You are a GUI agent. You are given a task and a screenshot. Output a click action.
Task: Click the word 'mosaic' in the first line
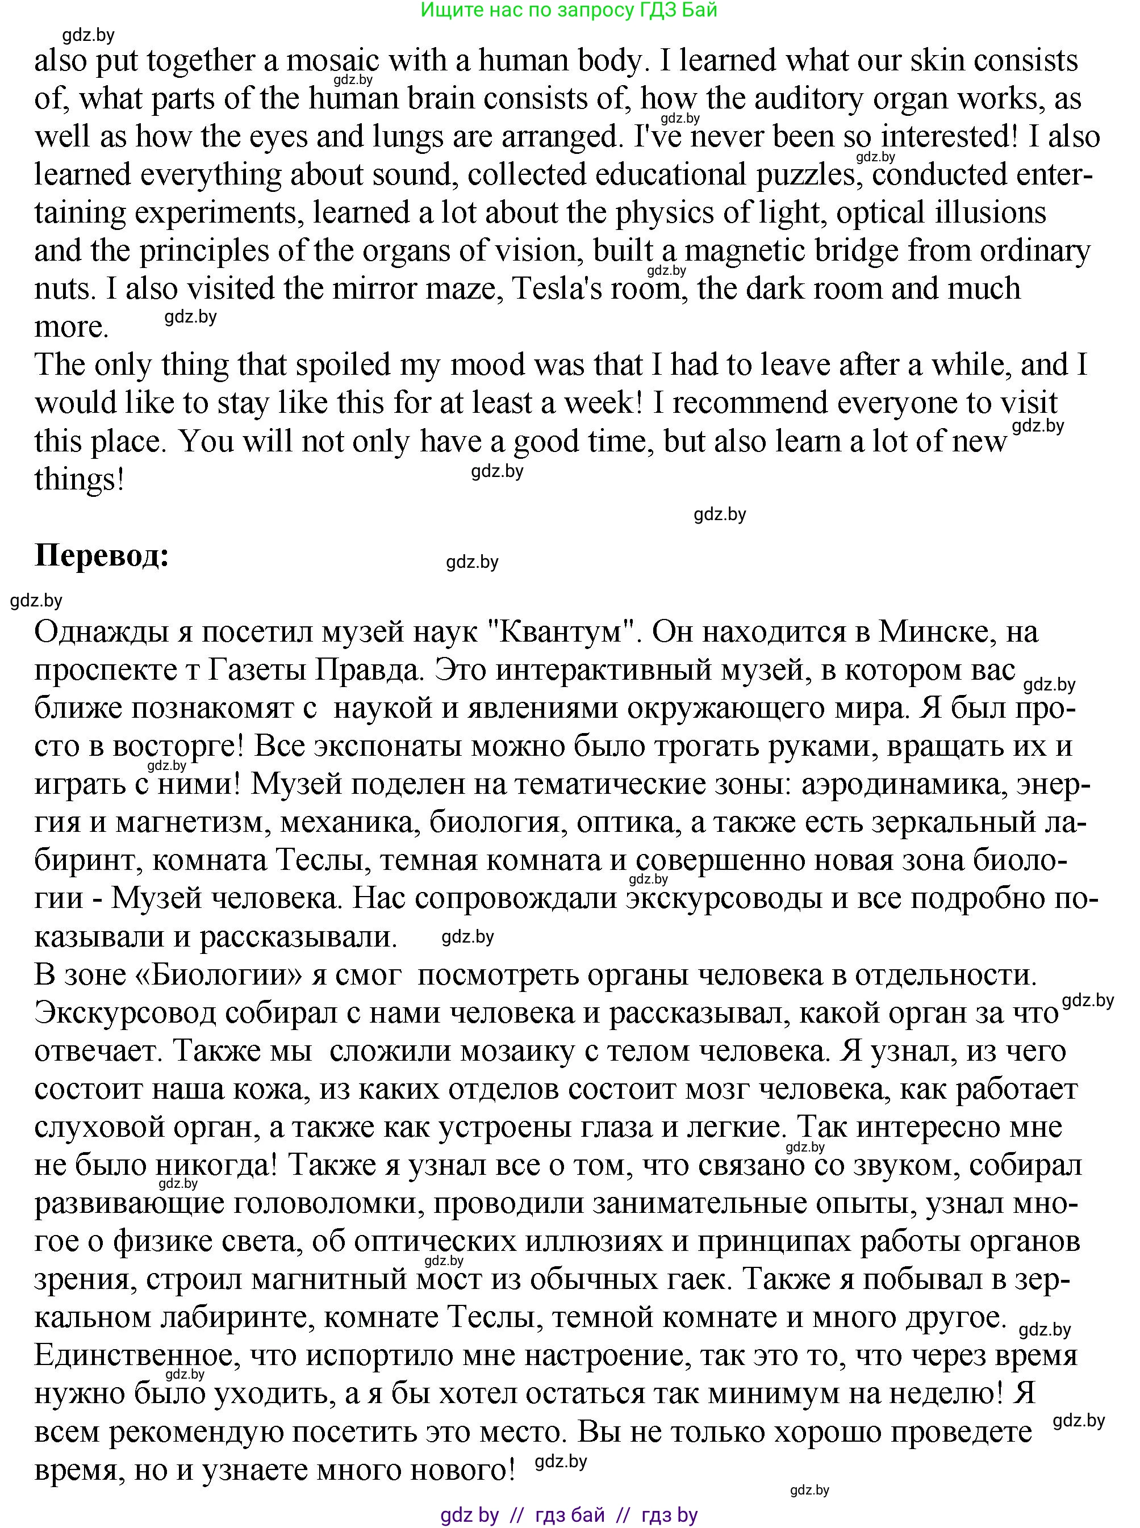tap(333, 61)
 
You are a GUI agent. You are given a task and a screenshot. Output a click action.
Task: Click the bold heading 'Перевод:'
tap(102, 555)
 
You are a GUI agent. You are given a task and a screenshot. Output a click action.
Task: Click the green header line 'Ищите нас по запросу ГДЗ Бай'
tap(569, 10)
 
